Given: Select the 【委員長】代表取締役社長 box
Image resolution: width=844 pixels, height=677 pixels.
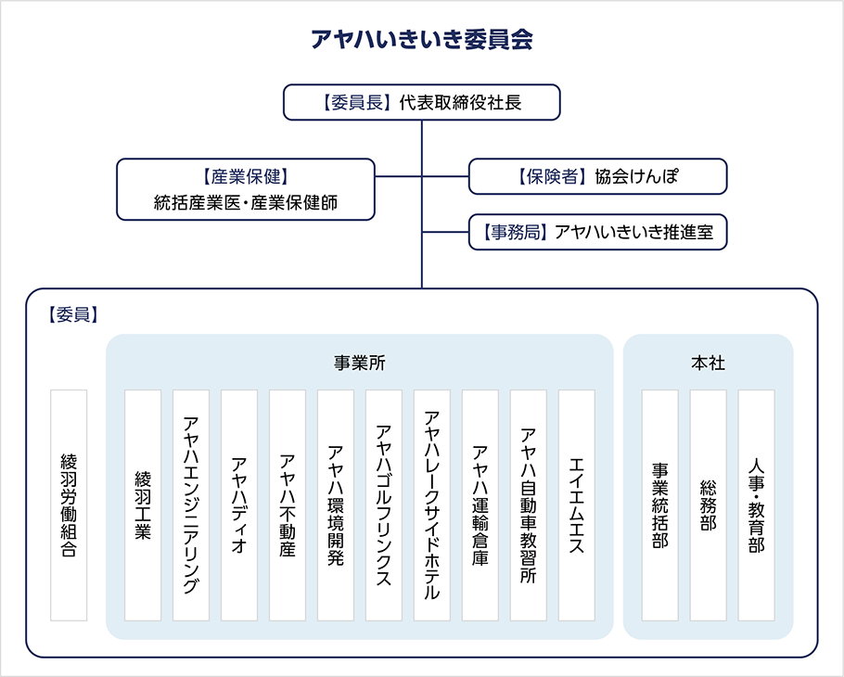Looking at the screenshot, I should tap(422, 102).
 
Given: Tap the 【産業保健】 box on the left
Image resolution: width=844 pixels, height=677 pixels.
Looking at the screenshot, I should tap(246, 189).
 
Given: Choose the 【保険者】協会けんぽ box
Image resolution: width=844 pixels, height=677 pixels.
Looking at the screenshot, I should tap(597, 176).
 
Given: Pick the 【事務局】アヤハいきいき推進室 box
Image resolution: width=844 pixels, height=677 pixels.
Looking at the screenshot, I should tap(597, 232).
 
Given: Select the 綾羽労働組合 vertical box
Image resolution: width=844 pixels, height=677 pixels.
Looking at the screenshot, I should tap(69, 505).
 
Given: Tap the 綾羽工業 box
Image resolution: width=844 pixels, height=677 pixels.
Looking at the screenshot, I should tap(143, 505).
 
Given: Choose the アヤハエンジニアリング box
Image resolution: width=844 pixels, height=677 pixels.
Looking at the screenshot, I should tap(191, 505).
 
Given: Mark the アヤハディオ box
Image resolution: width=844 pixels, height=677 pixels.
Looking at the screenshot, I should tap(239, 505).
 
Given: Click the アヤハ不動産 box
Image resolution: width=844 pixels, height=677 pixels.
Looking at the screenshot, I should tap(288, 505).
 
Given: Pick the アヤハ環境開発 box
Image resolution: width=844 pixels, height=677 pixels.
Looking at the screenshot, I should tap(336, 505).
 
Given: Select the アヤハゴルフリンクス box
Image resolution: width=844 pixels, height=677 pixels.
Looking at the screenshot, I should tap(384, 505).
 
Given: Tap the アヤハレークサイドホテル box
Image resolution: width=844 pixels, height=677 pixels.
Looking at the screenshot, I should tap(432, 505).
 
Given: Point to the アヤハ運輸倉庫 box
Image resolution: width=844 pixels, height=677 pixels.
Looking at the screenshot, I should tap(480, 505).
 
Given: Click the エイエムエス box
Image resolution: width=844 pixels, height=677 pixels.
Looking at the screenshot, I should tap(577, 505).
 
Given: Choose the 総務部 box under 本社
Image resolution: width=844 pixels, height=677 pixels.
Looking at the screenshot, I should tap(709, 505).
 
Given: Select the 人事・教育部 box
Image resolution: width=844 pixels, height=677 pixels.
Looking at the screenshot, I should tap(757, 505).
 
